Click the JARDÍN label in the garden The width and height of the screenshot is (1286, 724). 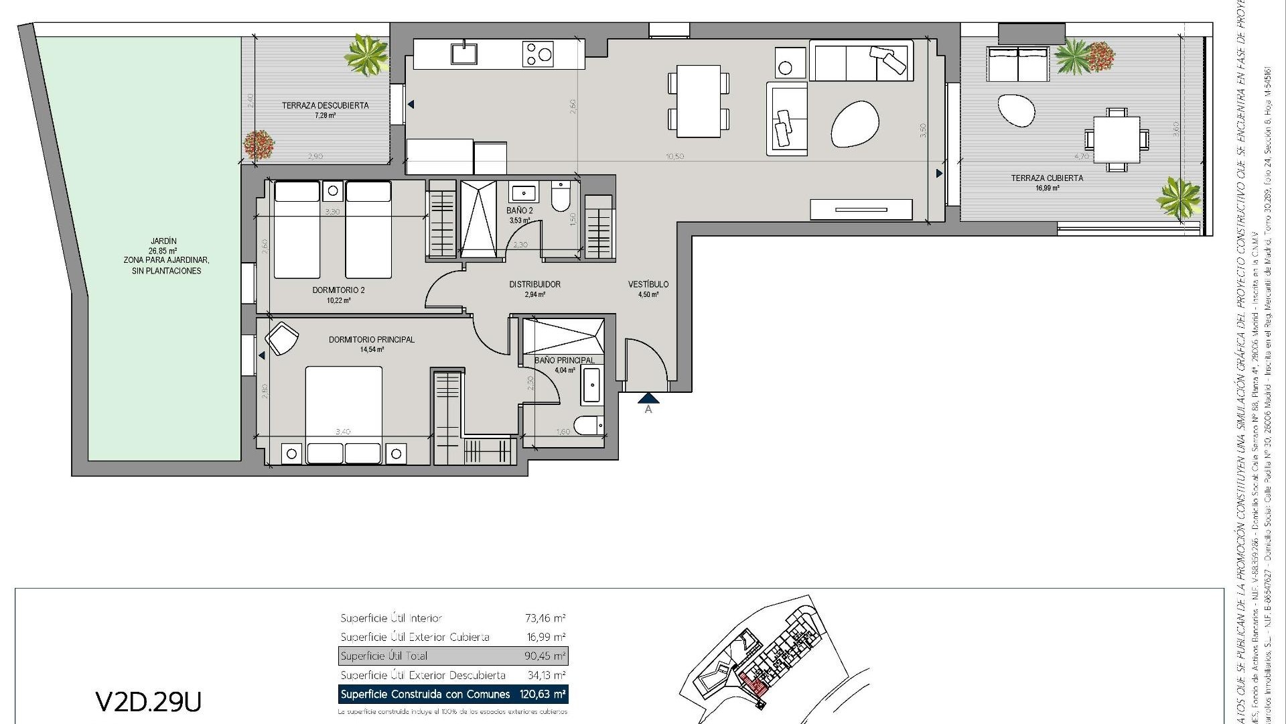[x=163, y=241]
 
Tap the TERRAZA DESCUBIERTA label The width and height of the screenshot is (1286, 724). [x=325, y=106]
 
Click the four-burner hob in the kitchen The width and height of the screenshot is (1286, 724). [x=539, y=54]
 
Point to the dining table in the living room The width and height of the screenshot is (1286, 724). [x=698, y=100]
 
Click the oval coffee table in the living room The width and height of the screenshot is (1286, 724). [x=855, y=124]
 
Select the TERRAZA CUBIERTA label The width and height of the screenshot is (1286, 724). [x=1046, y=178]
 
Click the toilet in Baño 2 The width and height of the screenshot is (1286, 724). [x=560, y=196]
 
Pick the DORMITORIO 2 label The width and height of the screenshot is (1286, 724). [x=338, y=290]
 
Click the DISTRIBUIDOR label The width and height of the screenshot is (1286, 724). [x=534, y=284]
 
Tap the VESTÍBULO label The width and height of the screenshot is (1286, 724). [x=648, y=284]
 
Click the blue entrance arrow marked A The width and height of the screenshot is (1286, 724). [x=648, y=399]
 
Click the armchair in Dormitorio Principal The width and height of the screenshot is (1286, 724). [x=281, y=337]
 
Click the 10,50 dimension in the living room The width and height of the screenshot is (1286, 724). [x=674, y=156]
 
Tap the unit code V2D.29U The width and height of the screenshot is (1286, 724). [x=149, y=701]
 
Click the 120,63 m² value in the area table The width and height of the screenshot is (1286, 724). [x=542, y=694]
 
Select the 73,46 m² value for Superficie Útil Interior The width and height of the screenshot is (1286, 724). [x=545, y=618]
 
